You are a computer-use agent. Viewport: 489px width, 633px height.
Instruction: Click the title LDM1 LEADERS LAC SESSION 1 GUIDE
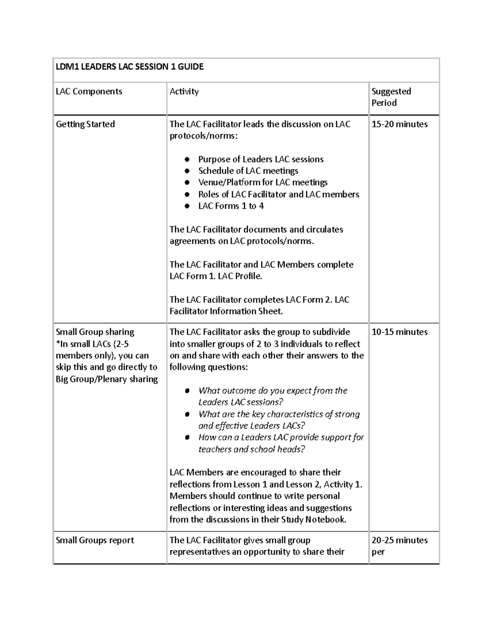[130, 67]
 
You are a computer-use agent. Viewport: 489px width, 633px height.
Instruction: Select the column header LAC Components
[89, 91]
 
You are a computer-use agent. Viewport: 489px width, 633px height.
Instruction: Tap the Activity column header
[184, 91]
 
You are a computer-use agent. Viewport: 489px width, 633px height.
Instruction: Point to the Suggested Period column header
[391, 97]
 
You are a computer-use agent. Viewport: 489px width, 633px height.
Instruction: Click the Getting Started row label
[85, 124]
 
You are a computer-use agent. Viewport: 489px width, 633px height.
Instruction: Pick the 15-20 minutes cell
[399, 124]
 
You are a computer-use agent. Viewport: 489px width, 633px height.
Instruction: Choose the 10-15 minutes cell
[399, 332]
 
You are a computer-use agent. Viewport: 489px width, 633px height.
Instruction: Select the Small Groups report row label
[95, 540]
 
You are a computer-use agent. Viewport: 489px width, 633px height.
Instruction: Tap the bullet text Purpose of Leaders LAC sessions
[261, 159]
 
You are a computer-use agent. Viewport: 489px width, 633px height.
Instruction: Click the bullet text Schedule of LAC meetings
[248, 171]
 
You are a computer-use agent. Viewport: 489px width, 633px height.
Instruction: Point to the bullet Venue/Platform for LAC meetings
[263, 182]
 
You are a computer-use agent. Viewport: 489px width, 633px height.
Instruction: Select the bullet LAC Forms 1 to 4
[231, 206]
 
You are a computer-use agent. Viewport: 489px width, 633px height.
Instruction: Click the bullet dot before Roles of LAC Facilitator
[187, 194]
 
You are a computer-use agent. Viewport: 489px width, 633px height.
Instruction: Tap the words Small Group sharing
[95, 332]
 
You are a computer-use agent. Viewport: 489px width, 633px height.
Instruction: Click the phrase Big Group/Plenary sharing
[107, 379]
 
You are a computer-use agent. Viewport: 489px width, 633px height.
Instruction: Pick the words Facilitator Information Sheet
[226, 311]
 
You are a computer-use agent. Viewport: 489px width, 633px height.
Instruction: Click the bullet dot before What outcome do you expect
[187, 390]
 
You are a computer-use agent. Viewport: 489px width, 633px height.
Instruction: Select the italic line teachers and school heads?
[251, 449]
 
